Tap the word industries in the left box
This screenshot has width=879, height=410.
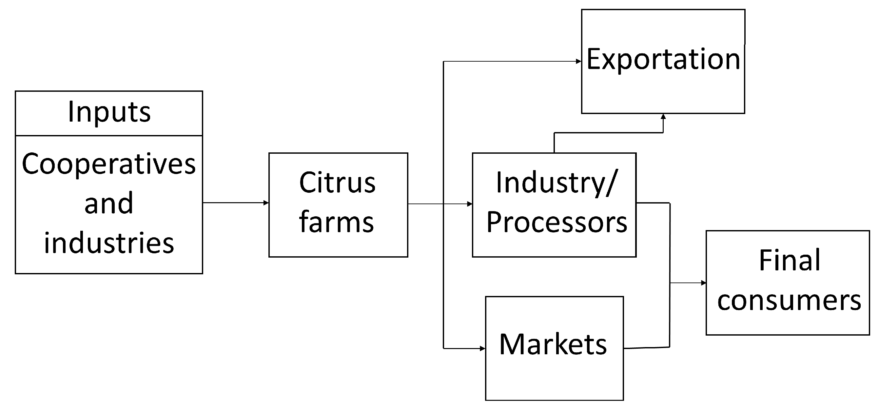[x=109, y=243]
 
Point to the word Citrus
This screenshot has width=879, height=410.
[x=338, y=183]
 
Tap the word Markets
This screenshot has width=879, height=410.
[x=553, y=344]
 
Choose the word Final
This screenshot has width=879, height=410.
[x=789, y=261]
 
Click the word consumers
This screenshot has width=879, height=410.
[x=789, y=301]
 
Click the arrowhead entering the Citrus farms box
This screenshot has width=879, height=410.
[x=266, y=203]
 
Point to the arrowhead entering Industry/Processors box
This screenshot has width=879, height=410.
[x=470, y=204]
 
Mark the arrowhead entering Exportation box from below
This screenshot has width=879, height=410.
[x=663, y=117]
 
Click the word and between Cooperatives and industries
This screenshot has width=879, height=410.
[x=109, y=204]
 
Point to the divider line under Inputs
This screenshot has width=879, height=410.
[x=109, y=136]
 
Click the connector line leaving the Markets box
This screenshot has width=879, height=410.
[x=647, y=348]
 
